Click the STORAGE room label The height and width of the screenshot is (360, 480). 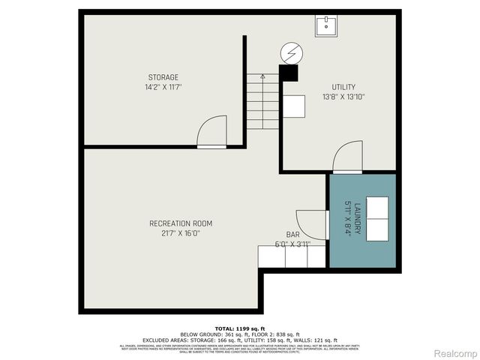pos(163,77)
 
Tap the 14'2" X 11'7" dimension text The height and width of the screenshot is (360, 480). pos(163,87)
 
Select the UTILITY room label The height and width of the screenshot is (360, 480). pos(343,87)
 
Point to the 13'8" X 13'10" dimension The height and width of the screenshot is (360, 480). pos(343,97)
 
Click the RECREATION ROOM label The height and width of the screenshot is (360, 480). pos(181,223)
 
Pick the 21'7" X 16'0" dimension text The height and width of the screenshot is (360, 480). pos(181,233)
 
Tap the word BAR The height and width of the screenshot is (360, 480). pos(292,235)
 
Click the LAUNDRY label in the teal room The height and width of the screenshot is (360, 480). pos(358,218)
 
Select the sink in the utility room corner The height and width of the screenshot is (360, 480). pos(327,25)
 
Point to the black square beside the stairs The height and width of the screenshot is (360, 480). pos(288,73)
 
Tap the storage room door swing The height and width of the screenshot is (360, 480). pos(212,131)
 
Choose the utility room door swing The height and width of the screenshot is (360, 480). pos(348,157)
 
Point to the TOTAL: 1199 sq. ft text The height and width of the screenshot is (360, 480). pos(239,328)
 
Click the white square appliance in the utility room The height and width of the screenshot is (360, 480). pos(294,106)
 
